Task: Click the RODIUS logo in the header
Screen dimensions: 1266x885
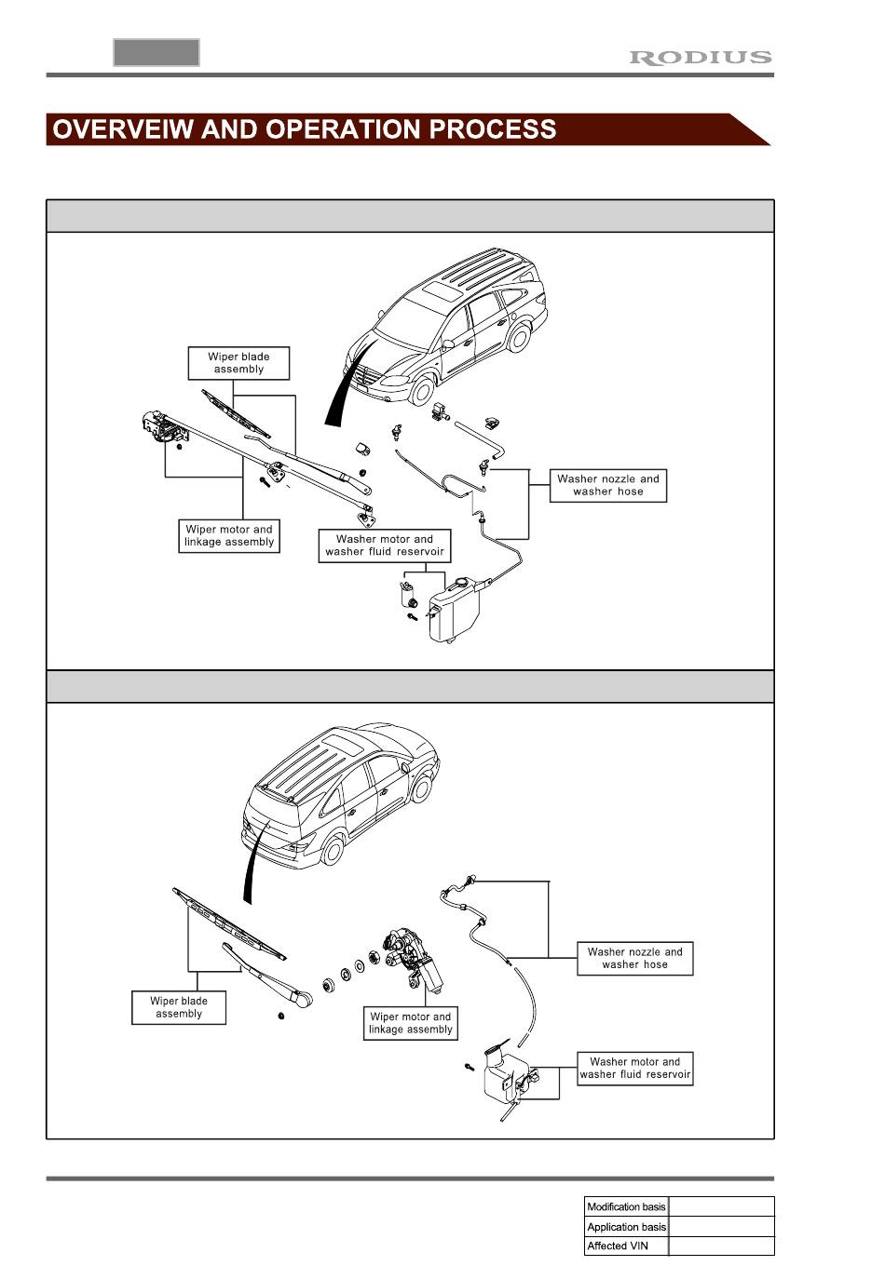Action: click(701, 58)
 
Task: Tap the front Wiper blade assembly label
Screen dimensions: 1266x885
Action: click(238, 363)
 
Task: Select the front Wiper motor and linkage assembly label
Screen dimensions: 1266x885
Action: click(229, 536)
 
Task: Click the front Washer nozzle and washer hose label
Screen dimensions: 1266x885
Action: click(608, 485)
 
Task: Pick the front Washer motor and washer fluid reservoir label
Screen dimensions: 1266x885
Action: click(385, 545)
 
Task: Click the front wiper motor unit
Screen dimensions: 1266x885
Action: click(158, 427)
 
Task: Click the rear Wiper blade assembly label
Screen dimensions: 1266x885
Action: click(179, 1007)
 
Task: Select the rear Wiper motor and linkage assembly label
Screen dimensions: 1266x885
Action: click(410, 1023)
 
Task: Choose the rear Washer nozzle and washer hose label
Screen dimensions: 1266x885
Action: click(634, 958)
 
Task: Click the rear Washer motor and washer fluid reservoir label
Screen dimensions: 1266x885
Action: click(635, 1068)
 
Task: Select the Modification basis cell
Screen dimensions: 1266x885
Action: click(626, 1206)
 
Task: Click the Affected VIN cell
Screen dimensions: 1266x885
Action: click(626, 1246)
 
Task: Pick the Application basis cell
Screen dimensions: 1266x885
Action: click(626, 1227)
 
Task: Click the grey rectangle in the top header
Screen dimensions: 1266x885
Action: click(157, 53)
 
